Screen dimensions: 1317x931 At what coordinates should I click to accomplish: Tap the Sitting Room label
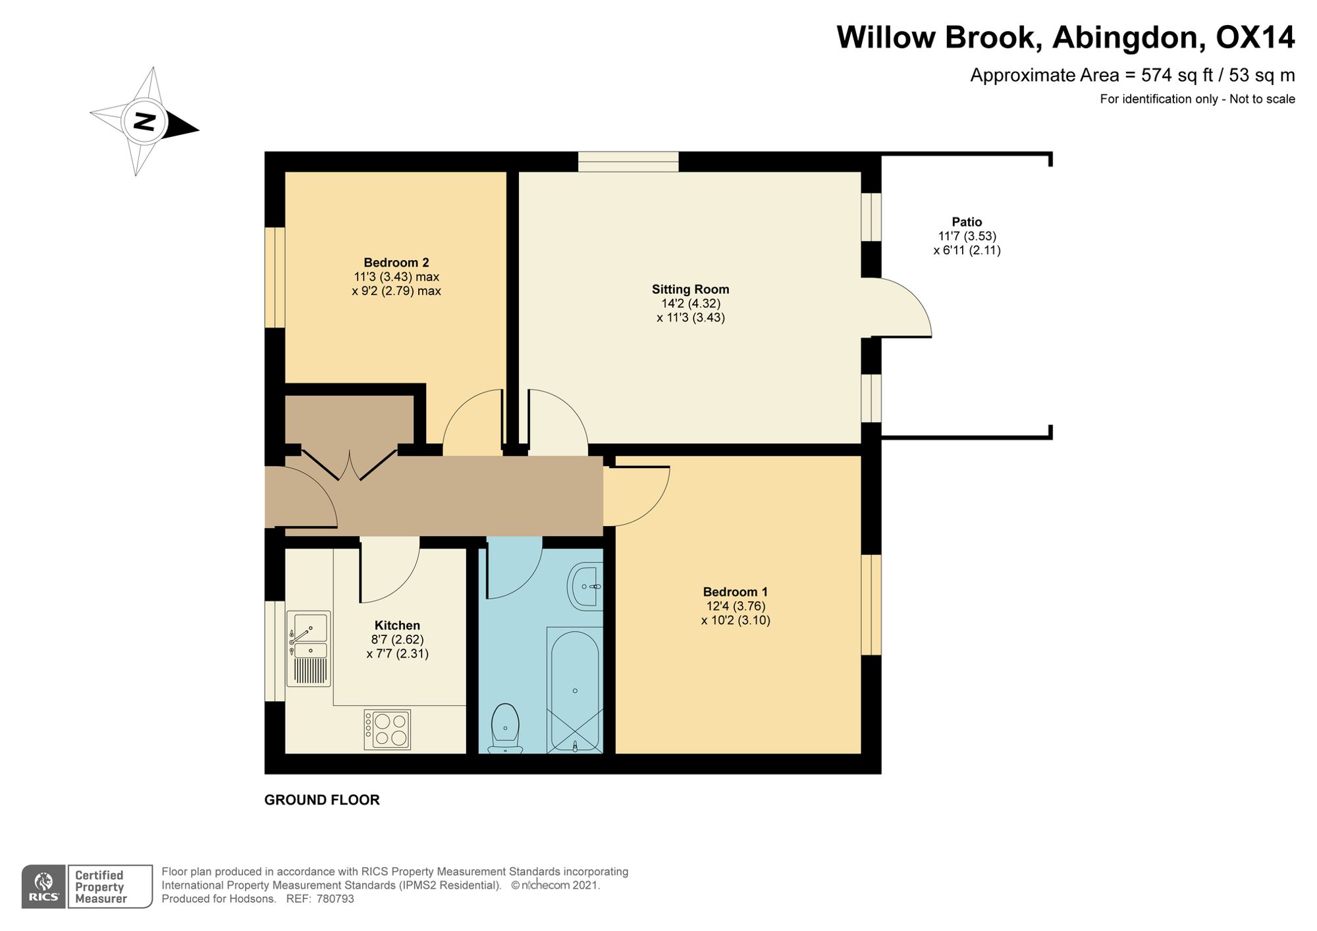[690, 289]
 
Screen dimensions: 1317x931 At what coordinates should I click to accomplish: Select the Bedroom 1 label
[735, 592]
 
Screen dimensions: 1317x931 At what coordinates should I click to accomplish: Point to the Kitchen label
[397, 625]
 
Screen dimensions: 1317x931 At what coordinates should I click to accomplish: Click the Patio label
[967, 222]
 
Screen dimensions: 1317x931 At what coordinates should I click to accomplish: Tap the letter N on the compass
[144, 121]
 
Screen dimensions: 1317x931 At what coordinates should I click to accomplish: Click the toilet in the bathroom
[506, 729]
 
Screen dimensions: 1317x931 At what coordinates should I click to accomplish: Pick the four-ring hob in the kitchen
[388, 730]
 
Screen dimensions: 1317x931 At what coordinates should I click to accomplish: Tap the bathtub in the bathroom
[575, 689]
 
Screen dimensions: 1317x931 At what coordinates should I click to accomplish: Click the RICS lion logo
[43, 886]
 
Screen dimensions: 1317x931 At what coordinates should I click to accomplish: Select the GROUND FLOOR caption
[322, 800]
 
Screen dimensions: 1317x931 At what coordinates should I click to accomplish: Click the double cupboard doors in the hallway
[350, 464]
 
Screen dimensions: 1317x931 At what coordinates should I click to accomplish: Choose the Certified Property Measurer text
[100, 887]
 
